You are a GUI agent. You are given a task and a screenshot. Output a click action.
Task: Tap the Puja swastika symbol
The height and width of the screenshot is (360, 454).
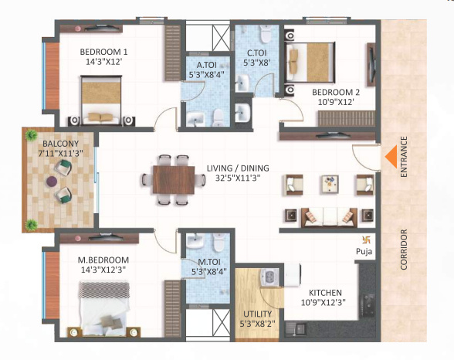(x=366, y=239)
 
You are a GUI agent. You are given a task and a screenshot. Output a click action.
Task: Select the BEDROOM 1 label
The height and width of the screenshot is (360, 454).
(x=104, y=53)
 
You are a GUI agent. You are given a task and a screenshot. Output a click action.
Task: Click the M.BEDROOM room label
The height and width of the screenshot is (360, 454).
(x=103, y=260)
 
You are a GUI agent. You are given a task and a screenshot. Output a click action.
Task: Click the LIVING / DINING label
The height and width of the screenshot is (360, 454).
(x=238, y=168)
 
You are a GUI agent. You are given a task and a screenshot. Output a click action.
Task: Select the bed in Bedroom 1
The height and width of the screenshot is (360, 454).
(x=103, y=100)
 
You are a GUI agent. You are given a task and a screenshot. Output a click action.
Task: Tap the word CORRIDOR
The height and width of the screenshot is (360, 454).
(x=404, y=250)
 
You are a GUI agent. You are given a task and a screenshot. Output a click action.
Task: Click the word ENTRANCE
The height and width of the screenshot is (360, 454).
(x=404, y=158)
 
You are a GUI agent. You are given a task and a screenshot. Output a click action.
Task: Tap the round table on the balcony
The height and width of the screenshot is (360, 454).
(x=51, y=182)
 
